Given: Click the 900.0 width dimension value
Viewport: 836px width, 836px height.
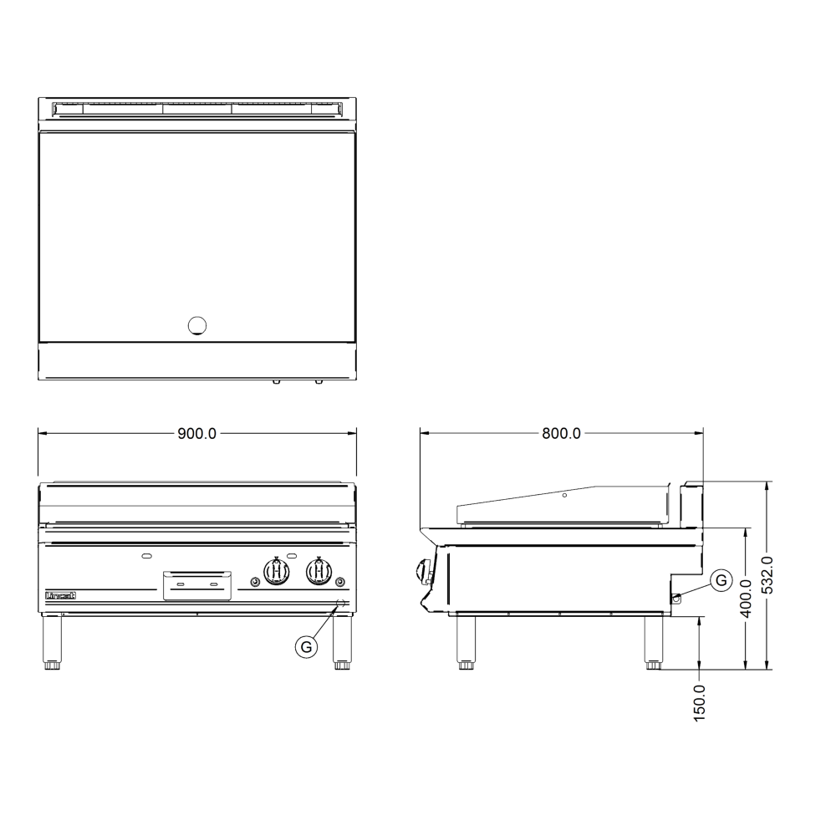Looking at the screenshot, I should click(x=197, y=434).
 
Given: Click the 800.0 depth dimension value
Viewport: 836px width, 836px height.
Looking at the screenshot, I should click(x=561, y=434).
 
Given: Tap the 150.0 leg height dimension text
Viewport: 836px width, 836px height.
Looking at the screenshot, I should click(x=701, y=701).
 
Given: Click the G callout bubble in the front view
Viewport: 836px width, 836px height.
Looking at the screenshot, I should click(x=308, y=645).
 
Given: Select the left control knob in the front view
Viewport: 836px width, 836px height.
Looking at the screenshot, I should click(x=277, y=571).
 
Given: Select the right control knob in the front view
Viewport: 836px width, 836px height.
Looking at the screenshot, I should click(x=318, y=571).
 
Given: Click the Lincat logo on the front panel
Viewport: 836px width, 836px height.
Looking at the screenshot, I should click(x=60, y=595).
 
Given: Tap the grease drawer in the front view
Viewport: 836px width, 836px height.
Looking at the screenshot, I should click(x=196, y=584).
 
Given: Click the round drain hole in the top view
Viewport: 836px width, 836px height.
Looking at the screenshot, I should click(x=197, y=325).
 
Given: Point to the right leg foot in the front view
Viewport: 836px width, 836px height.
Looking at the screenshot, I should click(x=342, y=665).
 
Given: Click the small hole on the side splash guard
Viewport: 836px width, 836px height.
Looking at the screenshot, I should click(x=564, y=496).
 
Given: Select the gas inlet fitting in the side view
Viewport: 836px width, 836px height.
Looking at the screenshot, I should click(x=675, y=596).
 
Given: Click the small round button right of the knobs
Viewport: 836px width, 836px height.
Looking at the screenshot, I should click(x=339, y=582).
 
